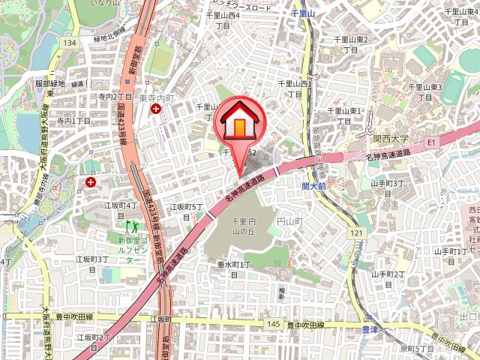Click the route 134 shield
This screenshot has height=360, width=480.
70,44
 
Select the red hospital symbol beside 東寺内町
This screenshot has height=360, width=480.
155,109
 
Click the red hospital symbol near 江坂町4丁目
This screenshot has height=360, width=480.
91,181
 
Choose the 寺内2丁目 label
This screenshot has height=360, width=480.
115,97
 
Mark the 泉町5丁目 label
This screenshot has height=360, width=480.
417,349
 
